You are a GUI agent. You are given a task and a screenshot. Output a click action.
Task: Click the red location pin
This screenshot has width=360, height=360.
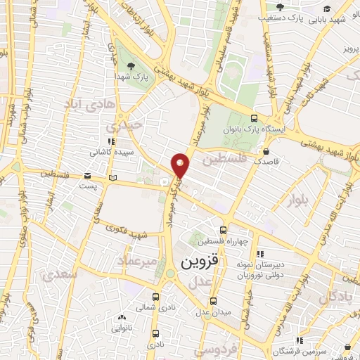coord(181,165)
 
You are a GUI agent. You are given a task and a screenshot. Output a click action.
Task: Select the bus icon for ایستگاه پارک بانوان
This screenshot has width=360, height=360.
coord(254,118)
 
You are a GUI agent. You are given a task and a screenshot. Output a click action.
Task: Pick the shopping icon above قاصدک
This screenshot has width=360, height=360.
coord(266,150)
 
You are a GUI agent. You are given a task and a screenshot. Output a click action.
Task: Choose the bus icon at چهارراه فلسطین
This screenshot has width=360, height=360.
coord(223,230)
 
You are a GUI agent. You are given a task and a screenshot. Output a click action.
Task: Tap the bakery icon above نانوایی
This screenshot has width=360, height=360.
coord(117,316)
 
